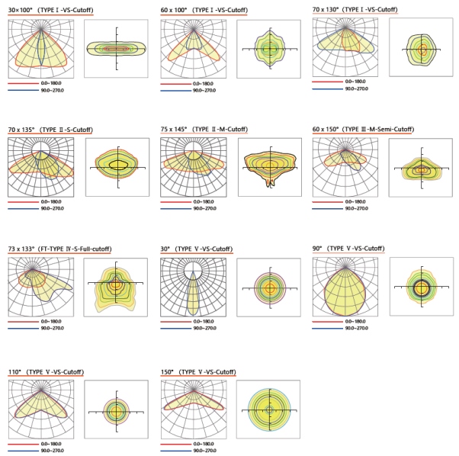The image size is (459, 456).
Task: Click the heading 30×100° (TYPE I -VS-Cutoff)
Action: pos(50,10)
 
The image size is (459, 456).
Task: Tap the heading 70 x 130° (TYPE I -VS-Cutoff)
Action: pos(355,9)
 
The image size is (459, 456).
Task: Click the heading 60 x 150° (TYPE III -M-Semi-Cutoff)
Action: pos(364,129)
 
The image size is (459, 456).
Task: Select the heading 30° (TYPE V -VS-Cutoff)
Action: pos(197,249)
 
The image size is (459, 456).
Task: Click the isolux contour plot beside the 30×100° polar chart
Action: pos(117,48)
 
